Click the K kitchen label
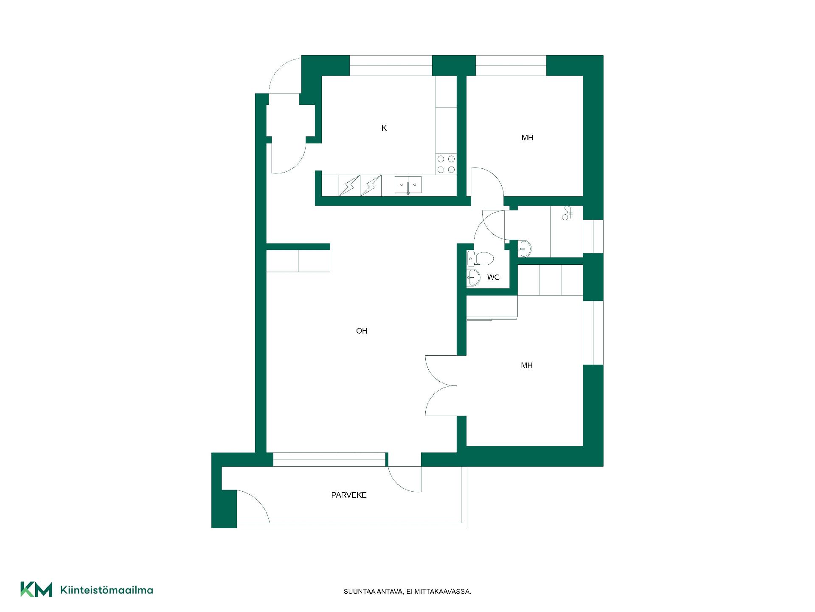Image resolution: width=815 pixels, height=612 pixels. [x=384, y=128]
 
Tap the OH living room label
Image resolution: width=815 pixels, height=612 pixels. [x=362, y=331]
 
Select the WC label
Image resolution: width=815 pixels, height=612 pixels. [x=493, y=278]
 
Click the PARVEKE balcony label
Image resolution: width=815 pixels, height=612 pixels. [x=349, y=495]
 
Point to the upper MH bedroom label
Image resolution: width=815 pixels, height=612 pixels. [x=527, y=138]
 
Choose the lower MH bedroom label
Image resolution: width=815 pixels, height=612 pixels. [x=527, y=365]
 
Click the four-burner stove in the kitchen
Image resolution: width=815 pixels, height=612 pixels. [x=446, y=164]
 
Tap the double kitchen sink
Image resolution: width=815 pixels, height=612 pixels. [x=408, y=185]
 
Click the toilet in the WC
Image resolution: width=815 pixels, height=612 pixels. [x=481, y=258]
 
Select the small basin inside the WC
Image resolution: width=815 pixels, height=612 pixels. [x=473, y=278]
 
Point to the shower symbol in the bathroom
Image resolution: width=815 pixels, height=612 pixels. [x=568, y=213]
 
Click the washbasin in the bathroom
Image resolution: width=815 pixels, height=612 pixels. [x=525, y=249]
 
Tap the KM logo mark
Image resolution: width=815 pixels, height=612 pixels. [x=37, y=589]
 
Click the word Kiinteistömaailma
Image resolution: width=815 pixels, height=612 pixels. [x=107, y=590]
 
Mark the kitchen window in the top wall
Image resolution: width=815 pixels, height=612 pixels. [x=391, y=66]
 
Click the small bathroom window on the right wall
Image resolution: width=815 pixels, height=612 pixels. [x=593, y=236]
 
